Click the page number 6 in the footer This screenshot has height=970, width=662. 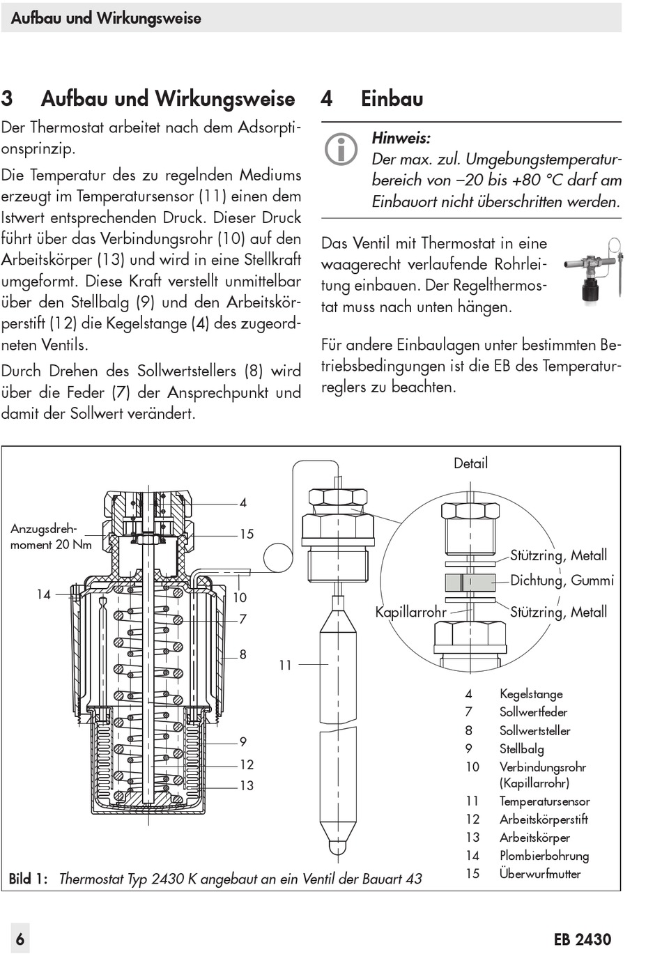click(20, 939)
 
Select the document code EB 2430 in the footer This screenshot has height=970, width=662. click(583, 939)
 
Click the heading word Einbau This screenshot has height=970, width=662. click(392, 99)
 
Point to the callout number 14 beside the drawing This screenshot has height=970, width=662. click(44, 594)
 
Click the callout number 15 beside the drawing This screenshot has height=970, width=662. click(247, 534)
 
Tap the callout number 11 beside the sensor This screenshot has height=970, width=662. click(285, 665)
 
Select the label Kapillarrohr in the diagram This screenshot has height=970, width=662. click(410, 613)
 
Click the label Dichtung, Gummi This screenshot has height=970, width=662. click(562, 580)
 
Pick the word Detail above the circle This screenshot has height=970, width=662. click(470, 463)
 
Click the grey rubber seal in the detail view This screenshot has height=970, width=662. click(470, 581)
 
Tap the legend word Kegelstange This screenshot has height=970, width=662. click(531, 694)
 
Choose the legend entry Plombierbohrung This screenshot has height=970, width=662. click(544, 856)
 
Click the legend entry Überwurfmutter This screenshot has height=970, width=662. click(540, 874)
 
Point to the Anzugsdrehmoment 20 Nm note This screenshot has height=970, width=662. click(51, 537)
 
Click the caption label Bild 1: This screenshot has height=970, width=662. click(28, 879)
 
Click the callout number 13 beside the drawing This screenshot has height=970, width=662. click(247, 786)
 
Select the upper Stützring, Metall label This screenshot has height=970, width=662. click(558, 555)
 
